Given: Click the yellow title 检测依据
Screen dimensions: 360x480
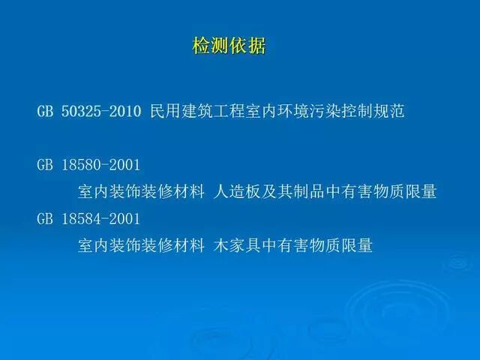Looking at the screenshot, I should click(x=229, y=46).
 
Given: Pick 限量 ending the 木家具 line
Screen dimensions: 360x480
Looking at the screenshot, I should click(x=358, y=245).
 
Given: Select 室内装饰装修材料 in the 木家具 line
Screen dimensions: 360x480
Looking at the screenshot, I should click(x=141, y=245).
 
